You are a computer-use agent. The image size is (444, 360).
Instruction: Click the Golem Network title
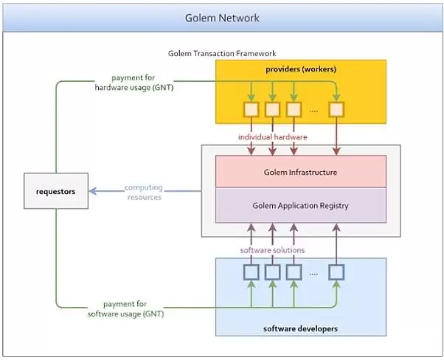[x=222, y=17]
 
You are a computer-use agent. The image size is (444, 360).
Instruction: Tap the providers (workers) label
[x=300, y=69]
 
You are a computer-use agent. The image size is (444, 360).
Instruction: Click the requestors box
[x=56, y=191]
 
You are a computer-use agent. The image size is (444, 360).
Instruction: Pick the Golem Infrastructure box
[x=300, y=172]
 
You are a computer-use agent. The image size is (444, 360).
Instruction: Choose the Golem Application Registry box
[x=300, y=205]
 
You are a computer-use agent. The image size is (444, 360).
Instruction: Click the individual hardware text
[x=272, y=137]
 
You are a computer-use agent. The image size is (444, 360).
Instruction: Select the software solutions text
[x=272, y=250]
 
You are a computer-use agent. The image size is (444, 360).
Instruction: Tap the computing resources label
[x=143, y=192]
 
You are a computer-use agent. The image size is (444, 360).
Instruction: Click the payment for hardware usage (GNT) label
[x=134, y=83]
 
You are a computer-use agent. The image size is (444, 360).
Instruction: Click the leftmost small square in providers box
[x=252, y=110]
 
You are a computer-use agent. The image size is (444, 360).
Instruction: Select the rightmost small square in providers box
[x=337, y=110]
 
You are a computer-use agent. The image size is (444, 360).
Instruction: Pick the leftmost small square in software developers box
[x=252, y=272]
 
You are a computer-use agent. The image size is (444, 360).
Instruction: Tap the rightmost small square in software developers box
[x=337, y=272]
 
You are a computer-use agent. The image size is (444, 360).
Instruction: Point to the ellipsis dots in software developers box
[x=314, y=274]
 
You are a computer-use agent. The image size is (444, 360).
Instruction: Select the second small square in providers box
[x=273, y=110]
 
